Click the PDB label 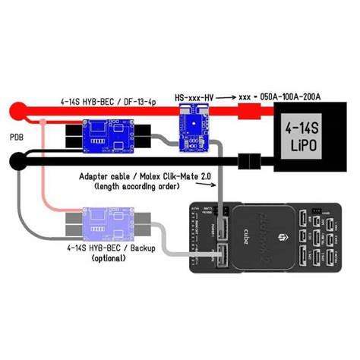16,137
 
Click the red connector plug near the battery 248,115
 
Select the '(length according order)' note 137,187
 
